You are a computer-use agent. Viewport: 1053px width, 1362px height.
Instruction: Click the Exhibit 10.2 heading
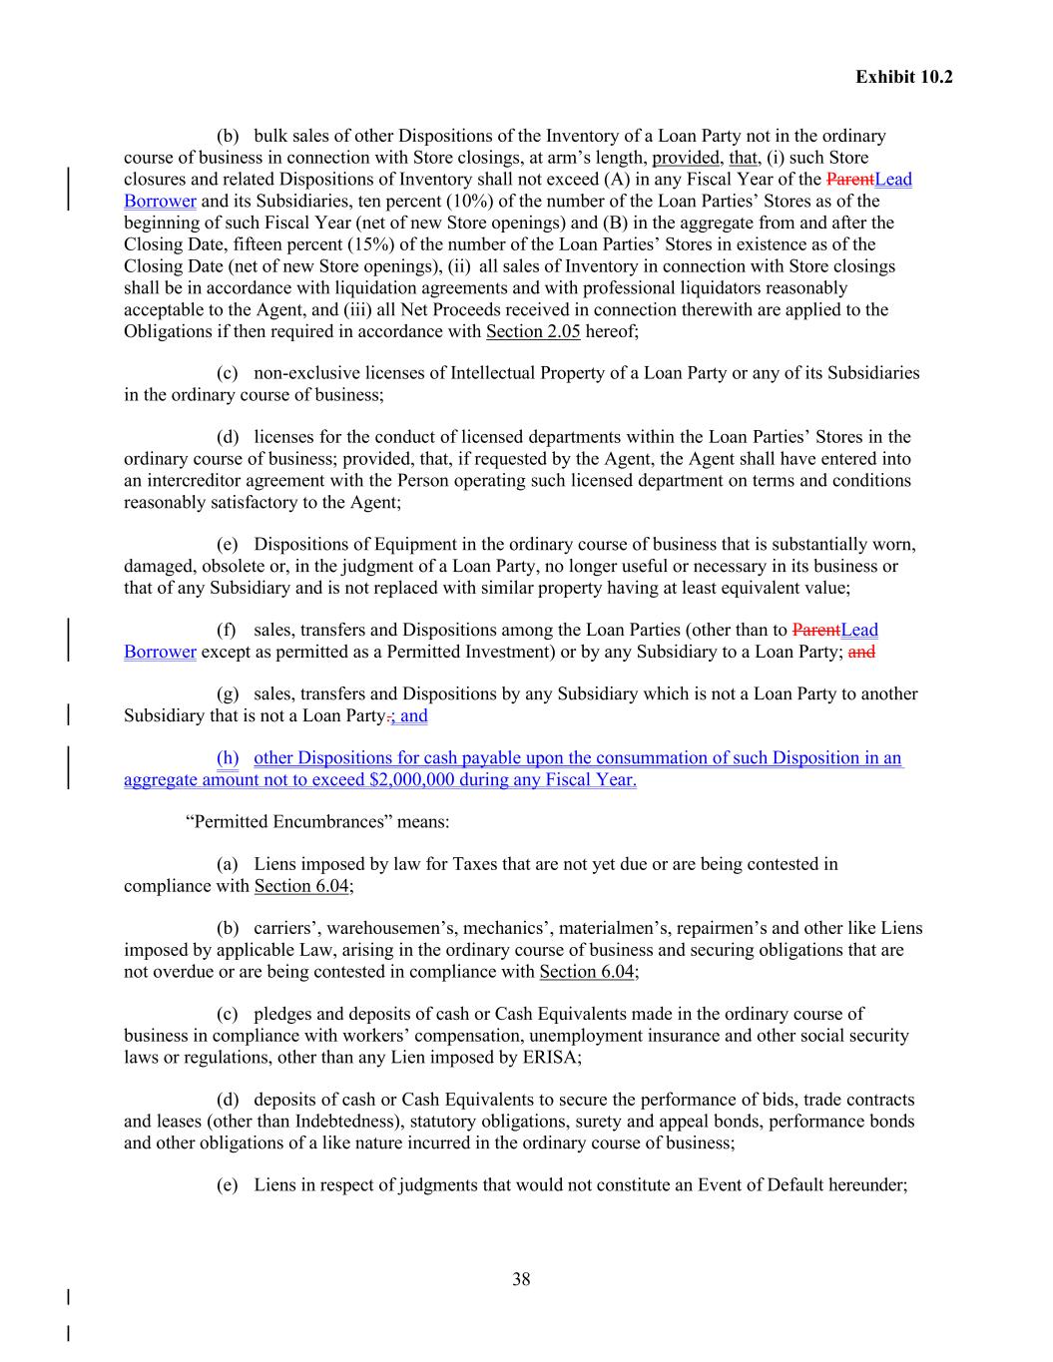click(903, 77)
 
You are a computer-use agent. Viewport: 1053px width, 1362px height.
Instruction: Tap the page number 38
click(521, 1279)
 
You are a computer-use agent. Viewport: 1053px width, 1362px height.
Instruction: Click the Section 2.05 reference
click(532, 331)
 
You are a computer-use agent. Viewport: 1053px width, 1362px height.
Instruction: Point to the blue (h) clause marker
click(228, 757)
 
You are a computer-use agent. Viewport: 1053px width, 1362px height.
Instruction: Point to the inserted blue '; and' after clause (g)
click(409, 715)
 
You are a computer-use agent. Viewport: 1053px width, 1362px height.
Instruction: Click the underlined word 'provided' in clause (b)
click(686, 158)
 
